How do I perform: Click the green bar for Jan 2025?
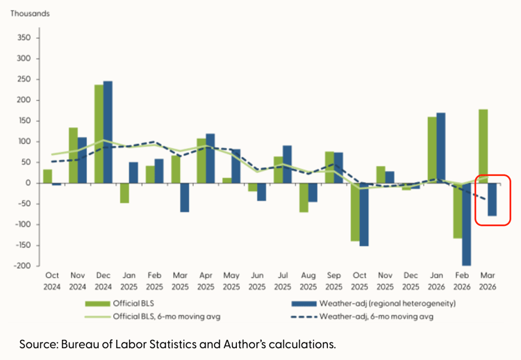[x=124, y=193]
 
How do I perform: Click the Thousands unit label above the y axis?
[x=30, y=13]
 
